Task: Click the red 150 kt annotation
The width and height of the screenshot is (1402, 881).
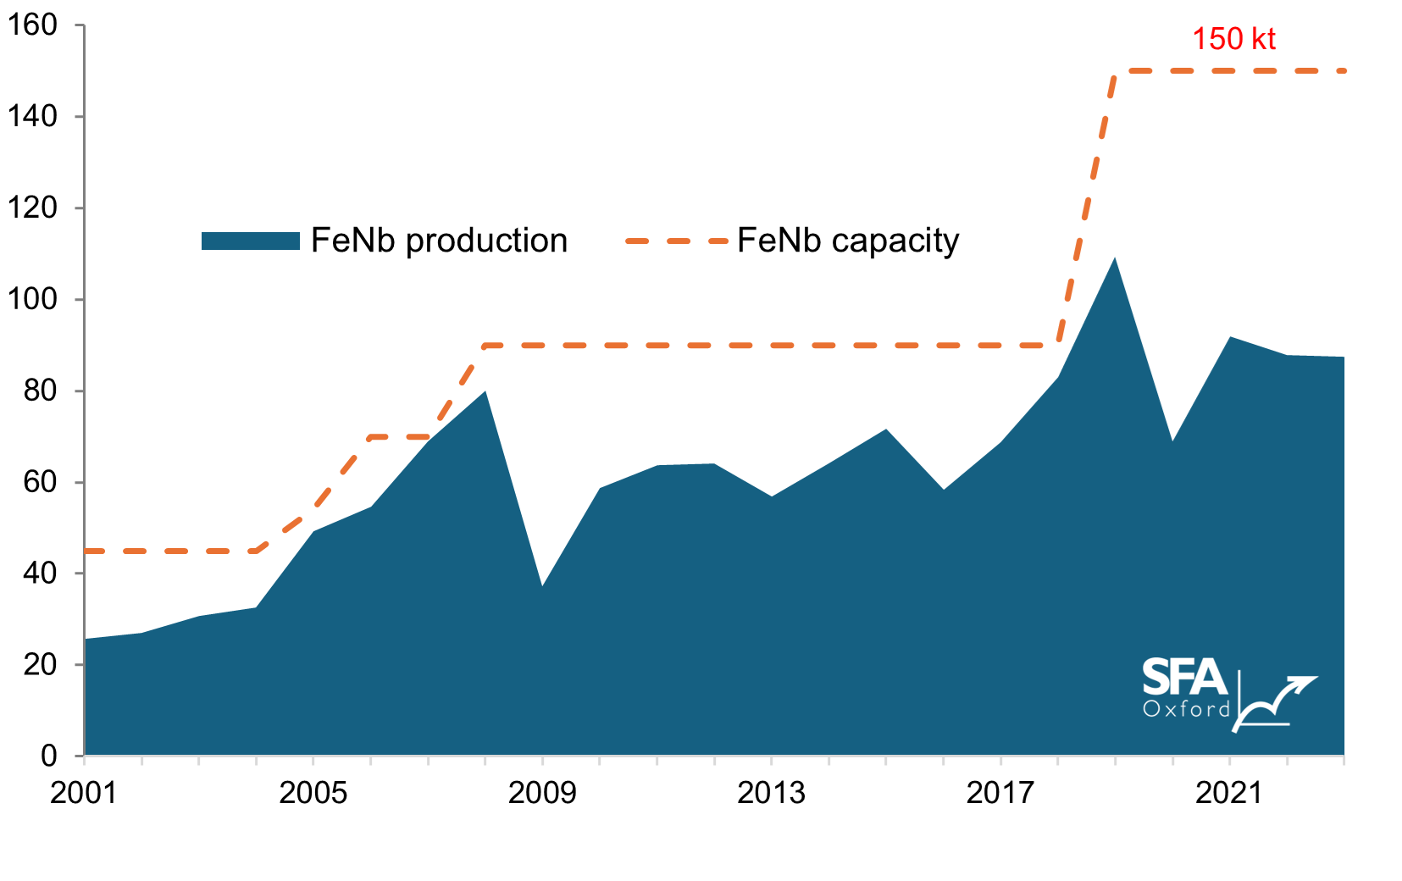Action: point(1233,39)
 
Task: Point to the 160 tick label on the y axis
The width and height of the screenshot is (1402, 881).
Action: point(32,25)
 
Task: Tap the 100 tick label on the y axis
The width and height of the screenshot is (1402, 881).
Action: point(32,299)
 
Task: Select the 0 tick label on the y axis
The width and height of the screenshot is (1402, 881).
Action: point(49,756)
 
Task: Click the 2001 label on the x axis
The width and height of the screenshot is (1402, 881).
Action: point(83,793)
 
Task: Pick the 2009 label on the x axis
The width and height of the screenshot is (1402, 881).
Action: point(541,793)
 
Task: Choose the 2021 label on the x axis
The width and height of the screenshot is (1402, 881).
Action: point(1228,793)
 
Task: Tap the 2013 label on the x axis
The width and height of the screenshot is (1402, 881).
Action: point(770,793)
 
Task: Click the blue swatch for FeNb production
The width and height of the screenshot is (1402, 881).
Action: point(251,241)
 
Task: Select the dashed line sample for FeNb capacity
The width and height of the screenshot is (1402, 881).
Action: point(676,241)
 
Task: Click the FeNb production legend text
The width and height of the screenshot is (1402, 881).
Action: point(439,241)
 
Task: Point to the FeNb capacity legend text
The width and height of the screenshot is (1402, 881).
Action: point(848,241)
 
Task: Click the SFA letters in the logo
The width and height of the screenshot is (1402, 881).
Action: point(1184,677)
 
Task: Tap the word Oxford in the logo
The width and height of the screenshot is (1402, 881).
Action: point(1186,708)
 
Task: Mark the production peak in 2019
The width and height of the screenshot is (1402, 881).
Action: point(1115,258)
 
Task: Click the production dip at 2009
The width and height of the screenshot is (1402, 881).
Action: point(542,585)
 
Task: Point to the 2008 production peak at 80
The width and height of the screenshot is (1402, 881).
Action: point(485,391)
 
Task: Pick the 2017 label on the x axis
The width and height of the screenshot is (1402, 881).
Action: point(1000,793)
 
